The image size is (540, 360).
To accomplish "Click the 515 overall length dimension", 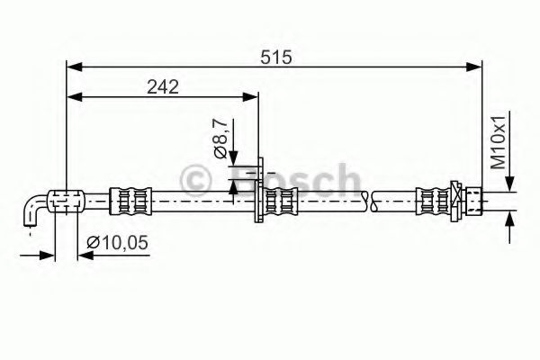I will [x=276, y=57].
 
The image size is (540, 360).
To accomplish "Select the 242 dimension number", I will [x=163, y=86].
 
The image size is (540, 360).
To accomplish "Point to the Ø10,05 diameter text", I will [x=118, y=241].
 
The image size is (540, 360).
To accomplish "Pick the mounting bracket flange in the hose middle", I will [x=259, y=193].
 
